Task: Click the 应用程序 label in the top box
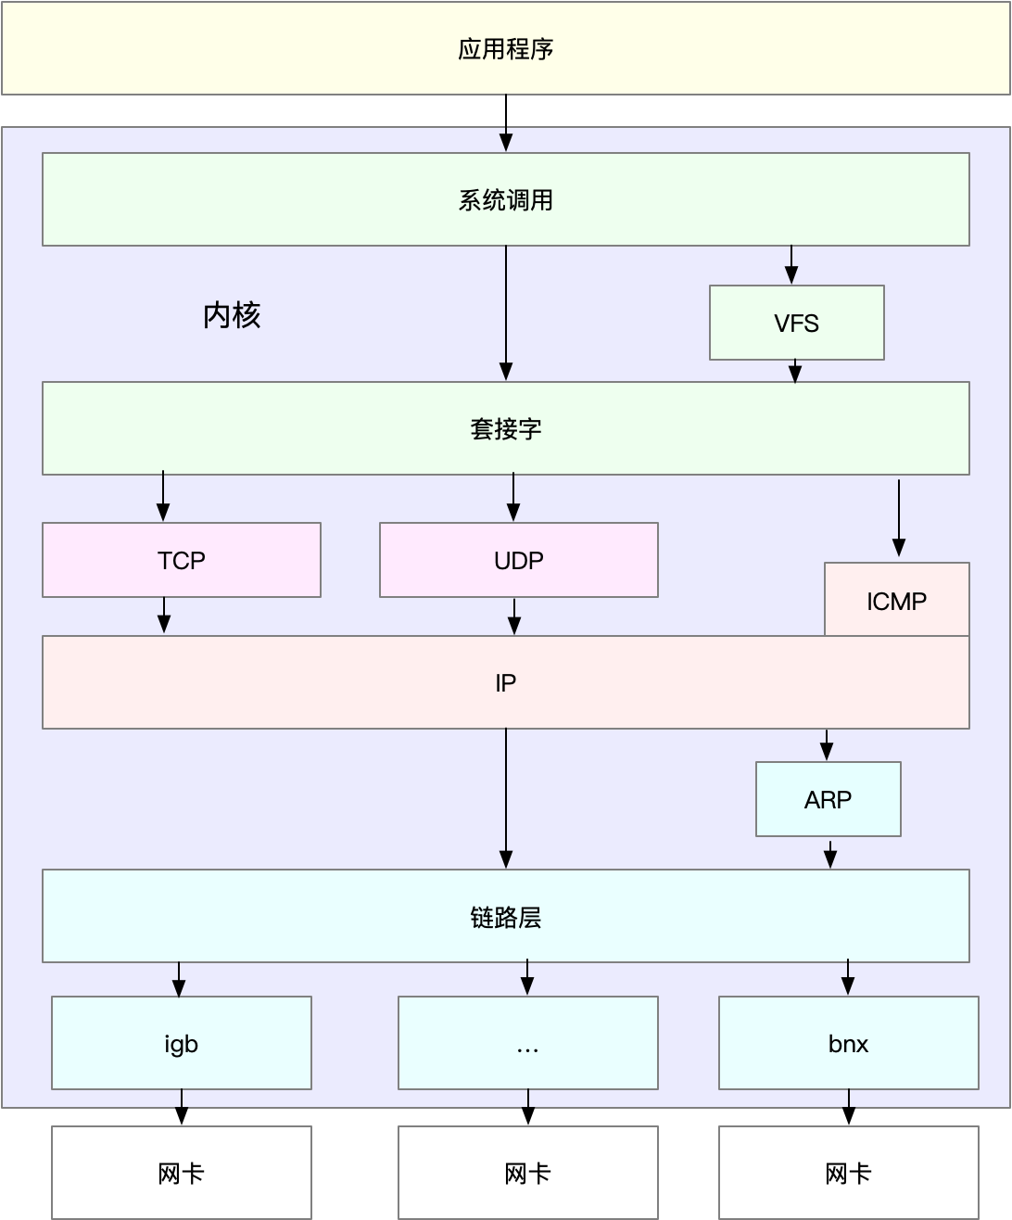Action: [505, 49]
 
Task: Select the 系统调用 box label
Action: [505, 200]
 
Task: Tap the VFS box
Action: [796, 323]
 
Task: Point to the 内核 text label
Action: [232, 315]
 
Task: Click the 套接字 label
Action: [505, 429]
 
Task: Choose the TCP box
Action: [182, 560]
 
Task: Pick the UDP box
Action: [518, 560]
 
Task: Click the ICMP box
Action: [896, 601]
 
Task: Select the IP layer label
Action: [505, 683]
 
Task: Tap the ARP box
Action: [828, 799]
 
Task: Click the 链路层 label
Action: [505, 917]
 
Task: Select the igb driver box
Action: [182, 1043]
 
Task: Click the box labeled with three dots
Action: [527, 1043]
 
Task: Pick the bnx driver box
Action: [848, 1043]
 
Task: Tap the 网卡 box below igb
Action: [182, 1173]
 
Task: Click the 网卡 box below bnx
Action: [848, 1173]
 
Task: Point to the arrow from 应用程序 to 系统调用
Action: [506, 122]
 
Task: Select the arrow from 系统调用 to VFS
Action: [791, 265]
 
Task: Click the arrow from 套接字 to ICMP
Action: [898, 517]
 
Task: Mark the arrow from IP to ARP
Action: [827, 744]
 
